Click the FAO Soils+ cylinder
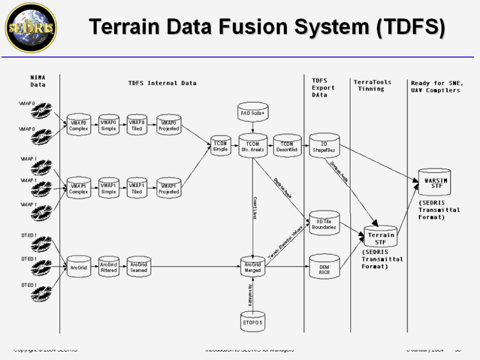click(x=253, y=113)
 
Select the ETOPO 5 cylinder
click(x=253, y=322)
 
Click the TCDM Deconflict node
click(x=287, y=146)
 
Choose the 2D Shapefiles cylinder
click(x=324, y=146)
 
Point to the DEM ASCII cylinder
click(x=323, y=268)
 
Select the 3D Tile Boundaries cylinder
click(x=324, y=224)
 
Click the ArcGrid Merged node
click(x=253, y=266)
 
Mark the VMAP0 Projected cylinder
click(x=169, y=125)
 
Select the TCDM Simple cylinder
click(x=220, y=146)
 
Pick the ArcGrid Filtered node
click(x=109, y=266)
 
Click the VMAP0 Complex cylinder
click(x=79, y=125)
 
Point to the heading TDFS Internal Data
click(x=162, y=83)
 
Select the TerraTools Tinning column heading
click(x=372, y=85)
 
